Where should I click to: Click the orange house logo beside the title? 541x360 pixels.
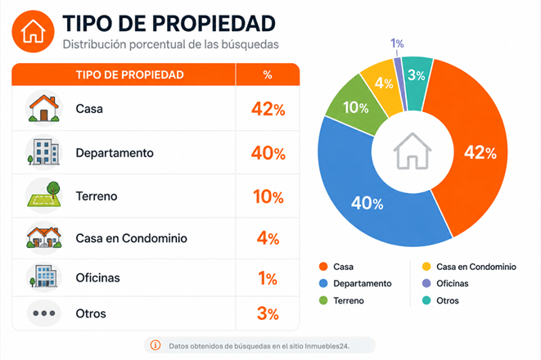click(x=33, y=31)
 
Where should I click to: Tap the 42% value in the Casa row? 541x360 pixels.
click(x=268, y=110)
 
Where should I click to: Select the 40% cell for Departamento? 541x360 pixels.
click(x=268, y=153)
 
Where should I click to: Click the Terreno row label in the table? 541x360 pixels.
click(x=97, y=196)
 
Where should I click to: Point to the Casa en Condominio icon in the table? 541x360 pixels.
click(x=44, y=237)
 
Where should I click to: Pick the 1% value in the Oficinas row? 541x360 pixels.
click(x=268, y=278)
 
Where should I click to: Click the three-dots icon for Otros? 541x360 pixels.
click(x=44, y=313)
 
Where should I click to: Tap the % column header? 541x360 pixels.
click(x=268, y=74)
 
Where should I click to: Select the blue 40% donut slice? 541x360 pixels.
click(x=366, y=204)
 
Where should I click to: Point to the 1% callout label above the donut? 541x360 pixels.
click(x=397, y=43)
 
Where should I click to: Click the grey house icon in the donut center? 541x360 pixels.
click(x=413, y=151)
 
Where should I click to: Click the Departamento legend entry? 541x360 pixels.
click(x=355, y=283)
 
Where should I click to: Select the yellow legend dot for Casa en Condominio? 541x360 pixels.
click(x=426, y=267)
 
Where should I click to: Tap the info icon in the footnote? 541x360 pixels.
click(x=156, y=345)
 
